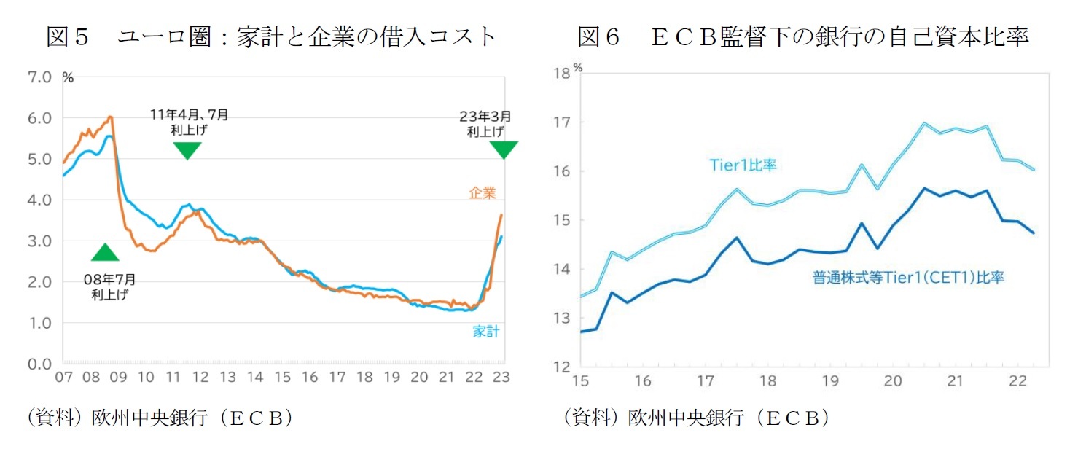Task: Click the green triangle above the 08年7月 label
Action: click(105, 254)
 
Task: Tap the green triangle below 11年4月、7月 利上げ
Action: click(187, 149)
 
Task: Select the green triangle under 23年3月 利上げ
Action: click(503, 149)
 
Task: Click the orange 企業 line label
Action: click(482, 193)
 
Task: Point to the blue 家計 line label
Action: click(485, 332)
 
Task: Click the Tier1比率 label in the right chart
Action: click(743, 165)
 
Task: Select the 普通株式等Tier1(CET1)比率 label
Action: click(908, 278)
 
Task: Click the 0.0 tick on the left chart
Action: click(39, 364)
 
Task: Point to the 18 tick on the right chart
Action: click(561, 73)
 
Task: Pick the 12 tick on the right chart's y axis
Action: click(561, 367)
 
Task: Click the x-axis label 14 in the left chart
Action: click(255, 378)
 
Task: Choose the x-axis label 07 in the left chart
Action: click(63, 378)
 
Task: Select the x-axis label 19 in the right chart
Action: click(830, 382)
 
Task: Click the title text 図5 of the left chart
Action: click(67, 36)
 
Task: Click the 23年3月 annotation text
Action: click(485, 116)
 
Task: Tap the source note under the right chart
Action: click(695, 418)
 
